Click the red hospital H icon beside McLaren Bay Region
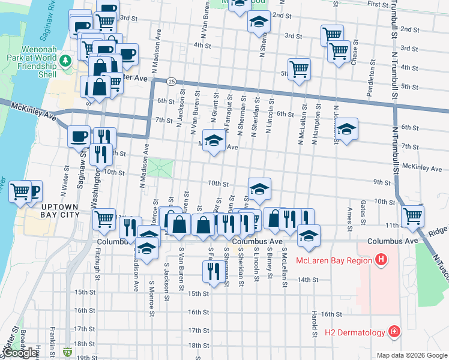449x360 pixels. pyautogui.click(x=380, y=260)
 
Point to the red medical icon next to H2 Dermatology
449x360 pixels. pyautogui.click(x=393, y=331)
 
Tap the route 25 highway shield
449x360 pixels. pyautogui.click(x=172, y=81)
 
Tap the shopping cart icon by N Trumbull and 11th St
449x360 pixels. pyautogui.click(x=412, y=215)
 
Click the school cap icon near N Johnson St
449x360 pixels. pyautogui.click(x=346, y=129)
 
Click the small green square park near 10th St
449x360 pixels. pyautogui.click(x=160, y=167)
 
